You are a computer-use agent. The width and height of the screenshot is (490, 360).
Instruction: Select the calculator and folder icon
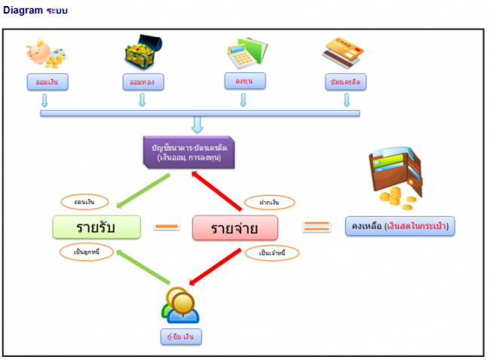click(x=243, y=53)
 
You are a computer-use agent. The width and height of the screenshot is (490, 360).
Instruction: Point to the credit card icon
click(x=345, y=53)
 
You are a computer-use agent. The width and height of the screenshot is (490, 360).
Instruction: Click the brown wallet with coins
click(x=396, y=179)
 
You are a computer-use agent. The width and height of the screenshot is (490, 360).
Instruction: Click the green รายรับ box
click(x=98, y=227)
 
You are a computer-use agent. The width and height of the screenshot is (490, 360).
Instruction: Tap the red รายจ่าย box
click(x=234, y=227)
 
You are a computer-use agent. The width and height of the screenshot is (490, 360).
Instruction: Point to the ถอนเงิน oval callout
click(x=84, y=202)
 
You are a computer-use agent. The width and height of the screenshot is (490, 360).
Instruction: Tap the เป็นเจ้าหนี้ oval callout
click(x=271, y=253)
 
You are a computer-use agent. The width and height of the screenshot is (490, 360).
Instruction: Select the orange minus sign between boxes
click(x=167, y=226)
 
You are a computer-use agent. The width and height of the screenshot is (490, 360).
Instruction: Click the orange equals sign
click(x=316, y=225)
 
